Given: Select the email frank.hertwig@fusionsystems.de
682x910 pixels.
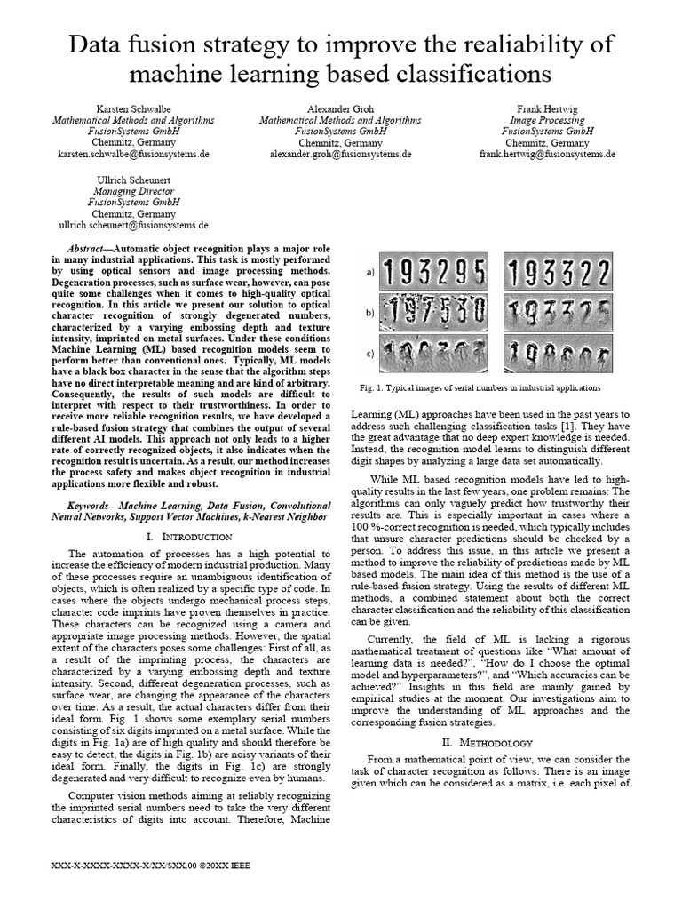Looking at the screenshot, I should [x=547, y=154].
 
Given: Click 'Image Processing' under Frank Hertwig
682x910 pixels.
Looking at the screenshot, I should [x=547, y=120].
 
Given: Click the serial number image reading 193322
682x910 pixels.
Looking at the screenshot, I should [x=555, y=271].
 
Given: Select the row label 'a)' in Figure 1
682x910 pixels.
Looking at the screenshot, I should [x=370, y=273].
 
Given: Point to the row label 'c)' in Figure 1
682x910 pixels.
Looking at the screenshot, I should [x=370, y=354].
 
